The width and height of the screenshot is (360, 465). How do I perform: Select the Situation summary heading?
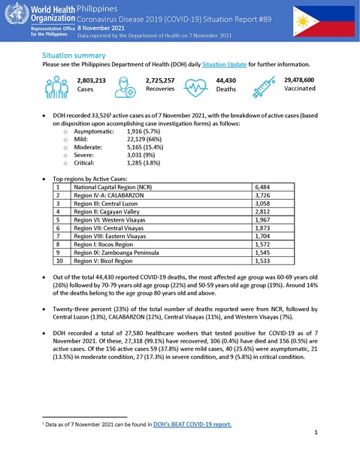coord(74,56)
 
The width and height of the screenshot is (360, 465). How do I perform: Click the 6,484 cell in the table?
coord(264,186)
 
